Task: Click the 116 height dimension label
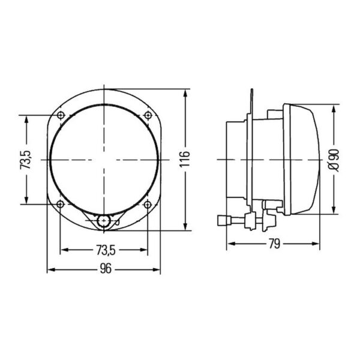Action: tap(185, 159)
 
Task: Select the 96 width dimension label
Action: tap(106, 269)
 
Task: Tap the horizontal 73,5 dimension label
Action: tap(106, 250)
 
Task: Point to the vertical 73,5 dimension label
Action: tap(25, 160)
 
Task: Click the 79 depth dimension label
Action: tap(275, 244)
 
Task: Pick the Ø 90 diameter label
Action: tap(334, 160)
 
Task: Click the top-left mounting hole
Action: tap(61, 115)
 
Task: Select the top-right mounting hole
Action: tap(148, 115)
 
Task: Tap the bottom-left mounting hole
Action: tap(60, 204)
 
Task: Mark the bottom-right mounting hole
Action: tap(148, 204)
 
